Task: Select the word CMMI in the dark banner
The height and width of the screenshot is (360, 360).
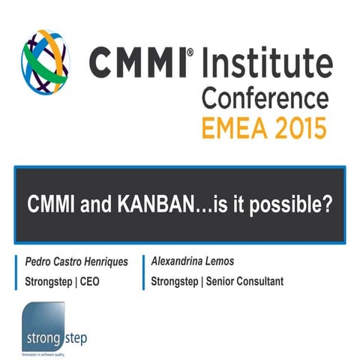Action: (52, 204)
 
